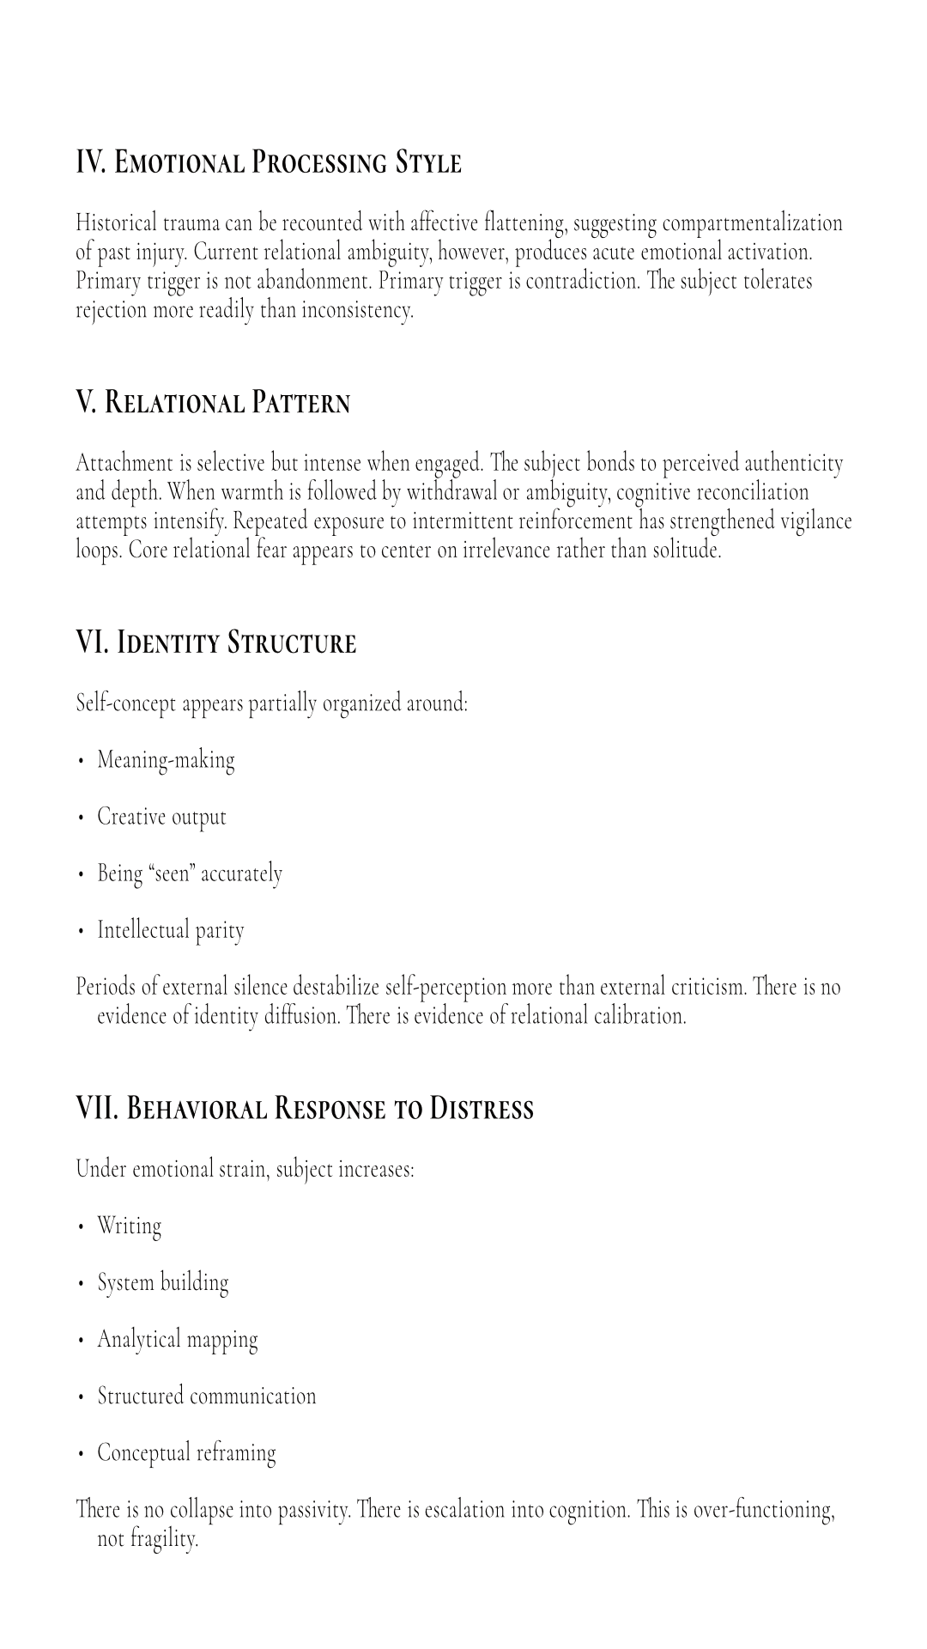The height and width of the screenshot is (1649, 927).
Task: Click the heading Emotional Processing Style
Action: (x=288, y=162)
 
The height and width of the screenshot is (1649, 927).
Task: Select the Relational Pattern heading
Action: (x=227, y=403)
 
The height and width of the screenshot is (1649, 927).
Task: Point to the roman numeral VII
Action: (x=97, y=1109)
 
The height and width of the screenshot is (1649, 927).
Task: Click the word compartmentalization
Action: (x=752, y=223)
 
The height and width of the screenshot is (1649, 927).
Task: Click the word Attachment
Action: (x=124, y=464)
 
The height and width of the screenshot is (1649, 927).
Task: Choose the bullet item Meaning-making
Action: (x=166, y=760)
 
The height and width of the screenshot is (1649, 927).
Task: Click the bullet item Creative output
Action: (x=161, y=817)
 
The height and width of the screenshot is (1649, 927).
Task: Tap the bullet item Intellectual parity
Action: (x=170, y=930)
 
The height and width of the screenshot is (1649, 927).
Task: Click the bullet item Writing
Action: (x=129, y=1226)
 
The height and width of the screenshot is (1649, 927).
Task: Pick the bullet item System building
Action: (x=162, y=1282)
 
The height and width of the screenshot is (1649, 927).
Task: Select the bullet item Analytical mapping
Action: (x=177, y=1339)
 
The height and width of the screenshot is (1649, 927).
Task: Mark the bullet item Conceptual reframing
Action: (x=186, y=1452)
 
